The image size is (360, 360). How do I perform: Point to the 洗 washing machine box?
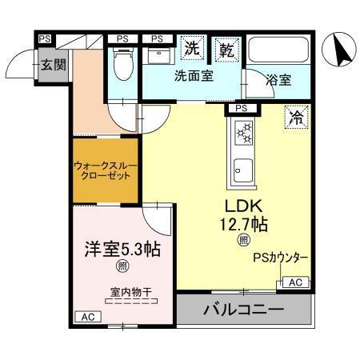tap(193, 49)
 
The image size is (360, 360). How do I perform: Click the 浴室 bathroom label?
tap(278, 79)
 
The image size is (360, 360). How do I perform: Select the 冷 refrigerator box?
tap(296, 118)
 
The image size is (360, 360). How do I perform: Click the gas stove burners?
tap(242, 134)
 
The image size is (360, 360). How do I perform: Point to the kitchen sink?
tap(242, 170)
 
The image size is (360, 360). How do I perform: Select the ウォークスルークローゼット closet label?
tap(107, 170)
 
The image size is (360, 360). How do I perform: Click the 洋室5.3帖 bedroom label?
tap(121, 249)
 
